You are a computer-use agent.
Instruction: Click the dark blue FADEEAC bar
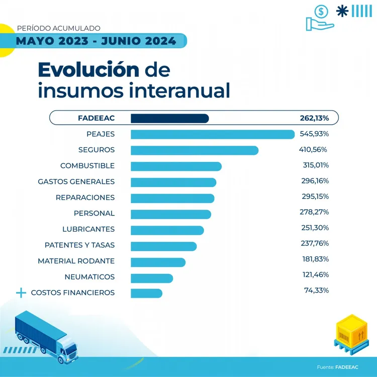[x=169, y=118]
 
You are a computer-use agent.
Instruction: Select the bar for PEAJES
[x=212, y=134]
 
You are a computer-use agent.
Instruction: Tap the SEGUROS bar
[x=195, y=150]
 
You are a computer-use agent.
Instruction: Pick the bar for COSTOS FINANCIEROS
[x=146, y=293]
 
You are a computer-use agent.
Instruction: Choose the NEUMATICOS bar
[x=152, y=277]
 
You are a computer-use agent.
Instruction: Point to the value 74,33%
[x=317, y=291]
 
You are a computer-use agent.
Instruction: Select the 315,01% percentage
[x=314, y=165]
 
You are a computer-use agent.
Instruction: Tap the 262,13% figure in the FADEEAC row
[x=314, y=118]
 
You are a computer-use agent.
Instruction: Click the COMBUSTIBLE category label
[x=87, y=166]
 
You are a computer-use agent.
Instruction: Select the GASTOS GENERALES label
[x=76, y=181]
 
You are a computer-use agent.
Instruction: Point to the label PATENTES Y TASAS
[x=79, y=245]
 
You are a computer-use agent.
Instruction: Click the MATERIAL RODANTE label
[x=76, y=261]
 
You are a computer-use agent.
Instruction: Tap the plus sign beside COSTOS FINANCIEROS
[x=21, y=293]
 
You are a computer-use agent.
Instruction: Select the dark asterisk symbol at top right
[x=342, y=11]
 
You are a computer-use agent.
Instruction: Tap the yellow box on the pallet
[x=351, y=332]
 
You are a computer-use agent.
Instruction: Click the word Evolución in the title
[x=88, y=69]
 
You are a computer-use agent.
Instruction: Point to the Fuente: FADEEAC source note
[x=337, y=367]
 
